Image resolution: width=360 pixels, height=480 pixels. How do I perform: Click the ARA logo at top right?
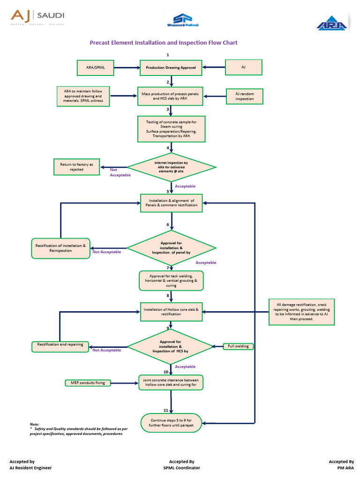(332, 24)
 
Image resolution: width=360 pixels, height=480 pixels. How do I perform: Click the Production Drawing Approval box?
(171, 67)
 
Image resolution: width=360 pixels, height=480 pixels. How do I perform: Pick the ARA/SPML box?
(95, 67)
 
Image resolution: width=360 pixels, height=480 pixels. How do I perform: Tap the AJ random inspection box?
(244, 97)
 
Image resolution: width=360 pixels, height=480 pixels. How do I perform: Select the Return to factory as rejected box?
(76, 167)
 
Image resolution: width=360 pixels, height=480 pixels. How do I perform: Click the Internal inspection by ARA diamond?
(172, 167)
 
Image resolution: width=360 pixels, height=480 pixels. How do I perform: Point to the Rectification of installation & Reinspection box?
(61, 248)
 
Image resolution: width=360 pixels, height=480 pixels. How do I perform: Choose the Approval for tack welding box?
(172, 280)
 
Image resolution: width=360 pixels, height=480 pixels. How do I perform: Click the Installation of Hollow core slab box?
(172, 312)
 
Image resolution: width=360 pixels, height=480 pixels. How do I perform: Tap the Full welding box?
(238, 346)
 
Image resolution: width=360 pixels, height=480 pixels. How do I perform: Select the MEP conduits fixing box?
(88, 383)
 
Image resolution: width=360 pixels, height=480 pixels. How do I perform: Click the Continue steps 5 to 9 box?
(172, 422)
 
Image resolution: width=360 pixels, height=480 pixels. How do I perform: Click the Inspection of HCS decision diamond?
(172, 347)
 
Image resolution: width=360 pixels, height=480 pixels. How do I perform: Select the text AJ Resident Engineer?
(30, 468)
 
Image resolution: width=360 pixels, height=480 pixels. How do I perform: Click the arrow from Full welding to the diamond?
(217, 346)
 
